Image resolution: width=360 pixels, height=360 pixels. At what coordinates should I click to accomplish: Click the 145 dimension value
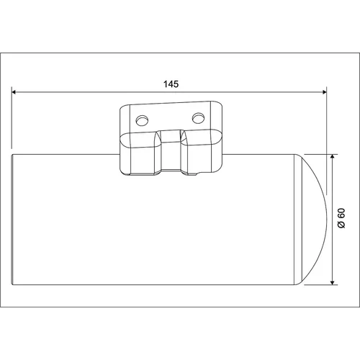(171, 84)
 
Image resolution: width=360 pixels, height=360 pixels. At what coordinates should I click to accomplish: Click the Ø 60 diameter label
(341, 218)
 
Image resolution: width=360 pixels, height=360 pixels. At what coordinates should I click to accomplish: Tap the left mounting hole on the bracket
(142, 120)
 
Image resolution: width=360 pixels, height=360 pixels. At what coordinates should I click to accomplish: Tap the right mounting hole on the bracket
(198, 118)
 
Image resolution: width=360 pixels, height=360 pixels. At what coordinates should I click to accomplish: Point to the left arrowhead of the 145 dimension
(14, 92)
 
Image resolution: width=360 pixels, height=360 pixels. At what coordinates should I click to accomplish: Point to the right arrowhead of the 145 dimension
(324, 92)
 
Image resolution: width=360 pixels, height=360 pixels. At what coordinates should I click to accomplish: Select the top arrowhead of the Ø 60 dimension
(333, 157)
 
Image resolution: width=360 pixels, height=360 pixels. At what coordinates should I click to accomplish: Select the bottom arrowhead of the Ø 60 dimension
(333, 282)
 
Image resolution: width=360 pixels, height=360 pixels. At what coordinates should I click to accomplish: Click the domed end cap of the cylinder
(312, 220)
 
